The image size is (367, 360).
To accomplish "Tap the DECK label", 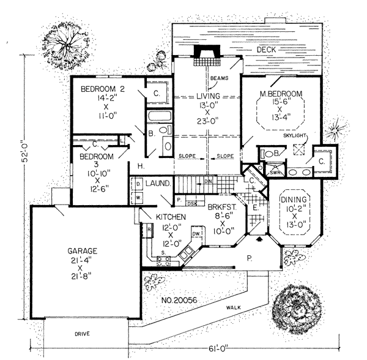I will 266,49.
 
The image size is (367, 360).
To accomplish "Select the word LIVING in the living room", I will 208,96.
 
